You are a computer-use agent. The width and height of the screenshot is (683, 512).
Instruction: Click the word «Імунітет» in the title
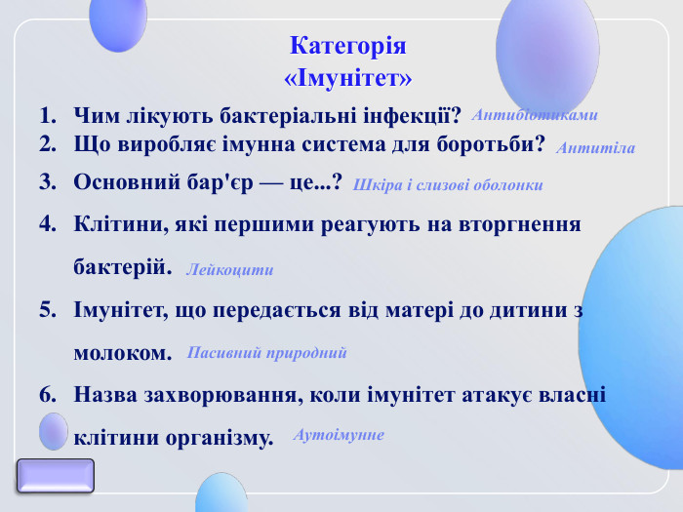click(347, 76)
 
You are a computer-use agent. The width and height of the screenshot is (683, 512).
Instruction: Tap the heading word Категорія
click(347, 46)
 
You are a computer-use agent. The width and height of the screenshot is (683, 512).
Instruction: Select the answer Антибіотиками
click(534, 115)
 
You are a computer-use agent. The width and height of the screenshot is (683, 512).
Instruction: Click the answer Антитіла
click(595, 148)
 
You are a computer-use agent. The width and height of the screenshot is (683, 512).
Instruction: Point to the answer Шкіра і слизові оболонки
click(448, 184)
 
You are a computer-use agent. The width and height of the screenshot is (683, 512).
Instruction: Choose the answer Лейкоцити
click(229, 270)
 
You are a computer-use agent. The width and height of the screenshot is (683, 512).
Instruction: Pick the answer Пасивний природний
click(267, 352)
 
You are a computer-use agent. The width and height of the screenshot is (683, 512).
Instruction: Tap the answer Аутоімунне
click(339, 434)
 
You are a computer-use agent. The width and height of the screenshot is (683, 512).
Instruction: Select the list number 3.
click(46, 181)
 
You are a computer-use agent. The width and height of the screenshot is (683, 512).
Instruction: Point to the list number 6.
click(46, 395)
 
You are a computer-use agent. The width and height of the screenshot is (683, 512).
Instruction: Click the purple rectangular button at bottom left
click(56, 476)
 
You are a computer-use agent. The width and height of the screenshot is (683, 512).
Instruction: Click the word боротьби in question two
click(497, 145)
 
